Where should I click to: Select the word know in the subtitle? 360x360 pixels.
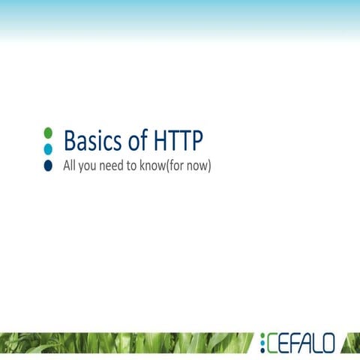pos(160,166)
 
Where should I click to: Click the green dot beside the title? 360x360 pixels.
pos(48,133)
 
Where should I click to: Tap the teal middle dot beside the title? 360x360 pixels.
pos(48,148)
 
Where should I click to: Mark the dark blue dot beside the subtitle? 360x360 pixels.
pos(48,166)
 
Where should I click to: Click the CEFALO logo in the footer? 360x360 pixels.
pos(298,343)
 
